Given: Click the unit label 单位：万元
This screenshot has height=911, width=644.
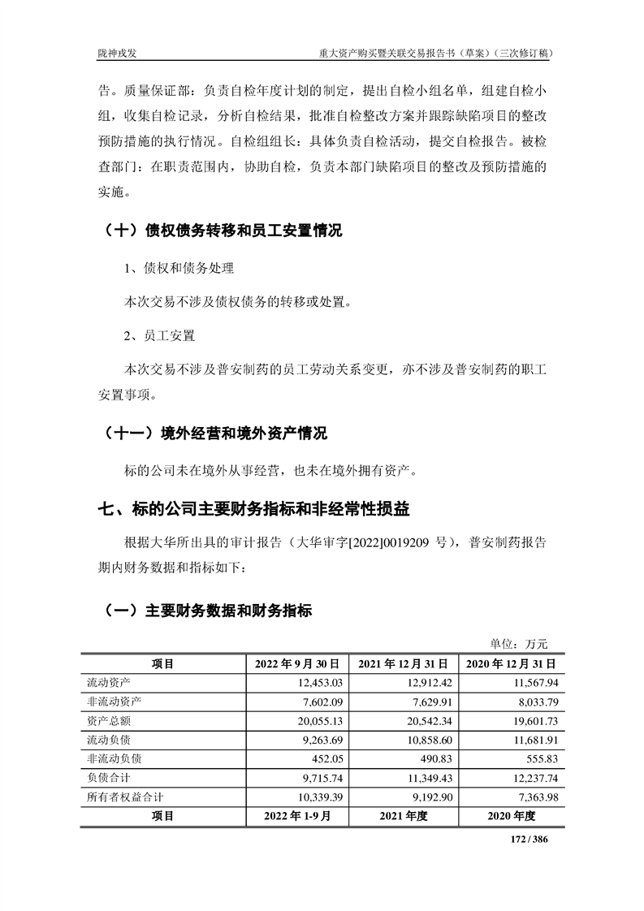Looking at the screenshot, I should [519, 644].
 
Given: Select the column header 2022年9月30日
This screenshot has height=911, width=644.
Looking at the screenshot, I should [301, 663].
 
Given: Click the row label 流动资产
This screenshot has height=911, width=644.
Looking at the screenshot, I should [109, 682].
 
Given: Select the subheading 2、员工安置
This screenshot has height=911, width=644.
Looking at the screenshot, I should [160, 335].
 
